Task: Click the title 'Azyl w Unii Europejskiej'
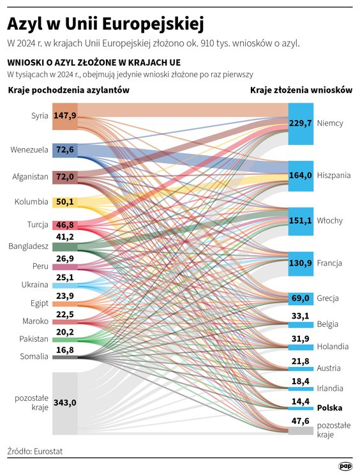coord(105,24)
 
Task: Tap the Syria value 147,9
coord(65,116)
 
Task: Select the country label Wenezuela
coord(29,150)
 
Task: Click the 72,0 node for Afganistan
coord(65,176)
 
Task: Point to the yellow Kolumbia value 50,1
coord(65,202)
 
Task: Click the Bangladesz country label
coord(27,245)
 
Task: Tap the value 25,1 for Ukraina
coord(65,278)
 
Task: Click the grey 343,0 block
coord(65,402)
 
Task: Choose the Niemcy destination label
coord(329,123)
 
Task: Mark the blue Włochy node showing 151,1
coord(300,220)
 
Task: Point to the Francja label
coord(329,263)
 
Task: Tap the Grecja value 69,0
coord(300,298)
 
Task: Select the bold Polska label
coord(329,407)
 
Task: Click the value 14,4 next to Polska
coord(300,401)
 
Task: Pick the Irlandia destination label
coord(330,388)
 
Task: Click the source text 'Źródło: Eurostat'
coord(35,451)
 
